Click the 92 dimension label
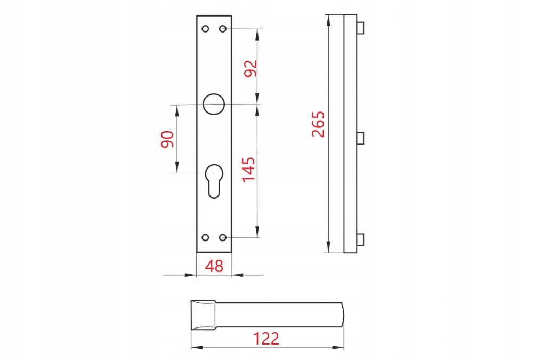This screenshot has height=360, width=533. (251, 68)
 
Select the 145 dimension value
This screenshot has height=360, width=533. (249, 170)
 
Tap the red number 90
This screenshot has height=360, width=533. (167, 139)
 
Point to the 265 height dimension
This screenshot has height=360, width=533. (319, 124)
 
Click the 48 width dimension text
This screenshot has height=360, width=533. (214, 266)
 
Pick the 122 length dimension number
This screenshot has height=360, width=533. (266, 339)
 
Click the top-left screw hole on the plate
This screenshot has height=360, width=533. (205, 29)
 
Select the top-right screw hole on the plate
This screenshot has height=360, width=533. (223, 29)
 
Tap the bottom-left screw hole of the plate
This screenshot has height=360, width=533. (205, 237)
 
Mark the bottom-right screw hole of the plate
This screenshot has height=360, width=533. (223, 237)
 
